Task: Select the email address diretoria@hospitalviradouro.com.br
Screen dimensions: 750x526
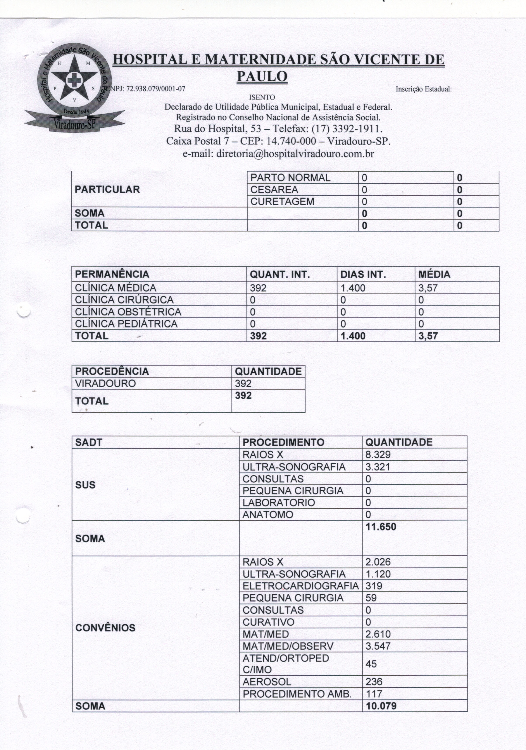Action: coord(278,154)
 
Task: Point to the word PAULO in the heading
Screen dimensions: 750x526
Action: coord(262,76)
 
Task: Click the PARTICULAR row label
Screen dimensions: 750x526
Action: coord(107,189)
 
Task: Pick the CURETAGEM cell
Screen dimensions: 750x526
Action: coord(282,202)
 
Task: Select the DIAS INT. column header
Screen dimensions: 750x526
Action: coord(363,274)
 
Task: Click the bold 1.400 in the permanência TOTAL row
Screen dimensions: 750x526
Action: coord(353,336)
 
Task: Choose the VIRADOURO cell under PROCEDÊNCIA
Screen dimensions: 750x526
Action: coord(105,383)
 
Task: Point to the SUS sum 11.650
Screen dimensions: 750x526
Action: coord(381,527)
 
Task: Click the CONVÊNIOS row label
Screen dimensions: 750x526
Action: coord(105,628)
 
